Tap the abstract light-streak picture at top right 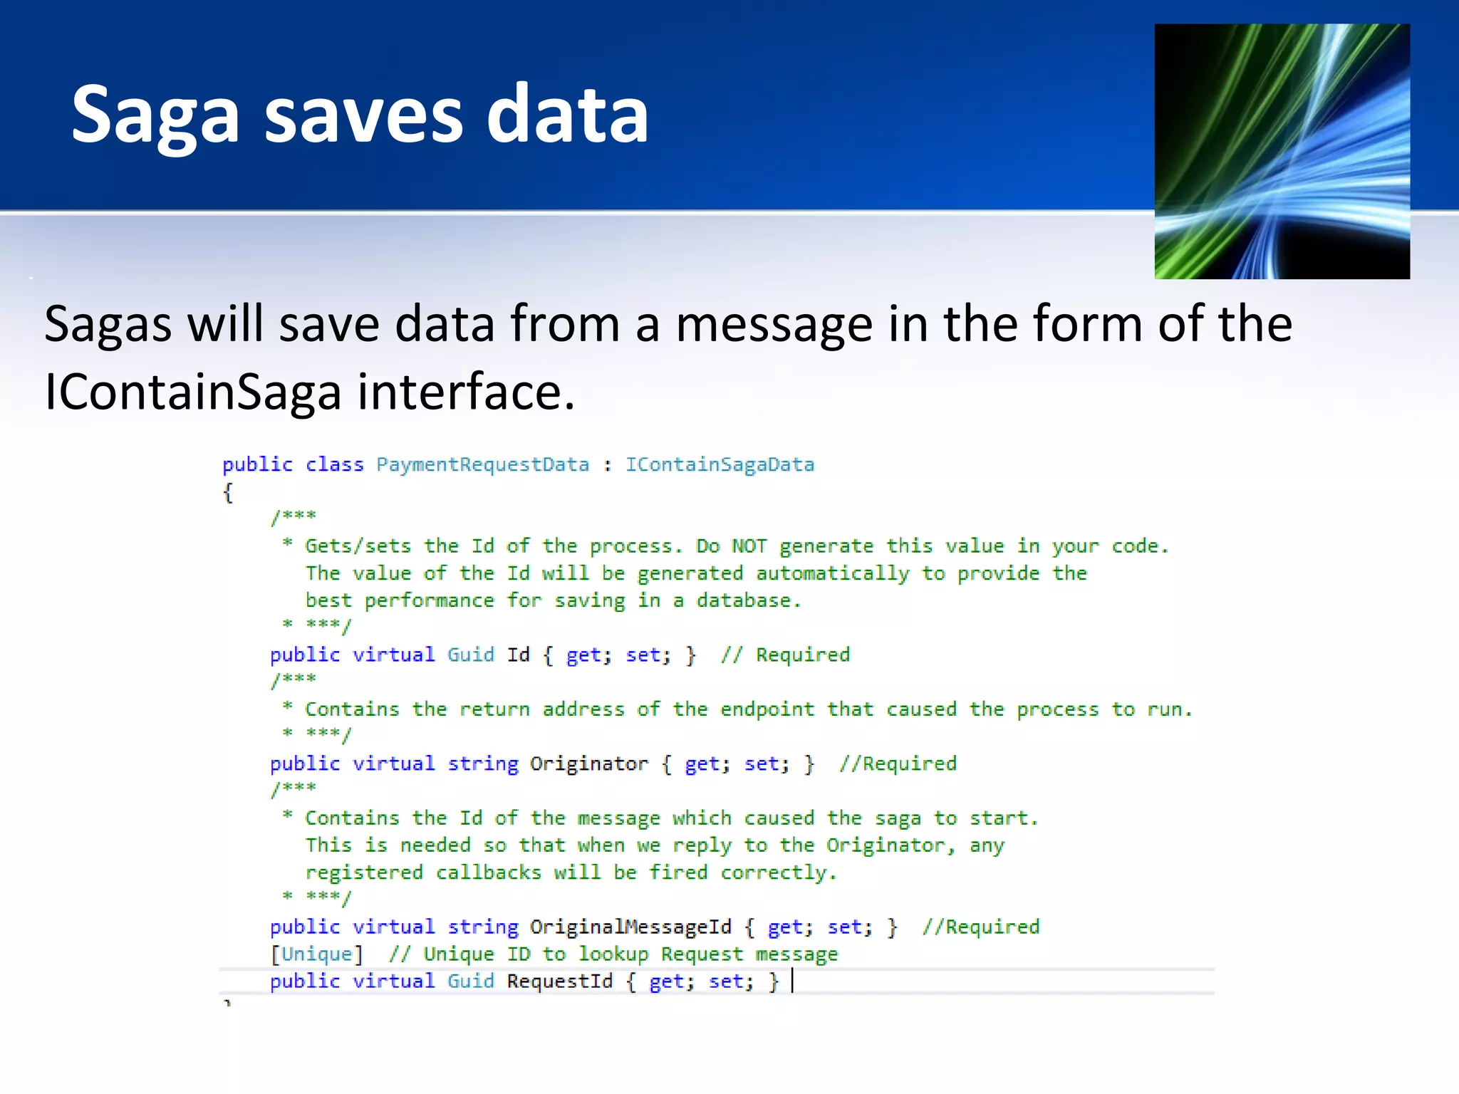(1282, 151)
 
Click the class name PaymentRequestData (482, 464)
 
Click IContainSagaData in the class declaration (720, 464)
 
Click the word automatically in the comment (832, 573)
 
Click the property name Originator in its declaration (588, 764)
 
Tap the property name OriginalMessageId (630, 927)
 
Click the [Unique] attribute (316, 954)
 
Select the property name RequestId (559, 981)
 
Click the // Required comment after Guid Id (785, 655)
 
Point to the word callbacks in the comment (488, 872)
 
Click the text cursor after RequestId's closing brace (792, 981)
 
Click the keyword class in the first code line (334, 464)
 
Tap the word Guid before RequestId (470, 981)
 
